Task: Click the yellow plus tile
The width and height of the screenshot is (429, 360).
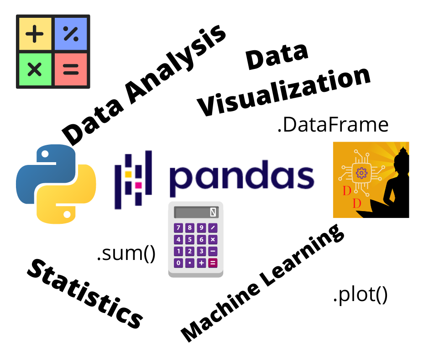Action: coord(35,34)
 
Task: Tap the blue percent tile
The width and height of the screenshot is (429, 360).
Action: coord(71,34)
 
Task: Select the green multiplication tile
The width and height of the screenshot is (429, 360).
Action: coord(35,69)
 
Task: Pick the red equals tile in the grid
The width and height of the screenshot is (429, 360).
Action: coord(71,69)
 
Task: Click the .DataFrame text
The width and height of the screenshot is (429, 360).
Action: coord(333,125)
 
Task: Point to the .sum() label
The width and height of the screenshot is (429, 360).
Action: coord(126,254)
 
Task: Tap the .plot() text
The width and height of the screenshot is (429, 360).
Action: coord(361,295)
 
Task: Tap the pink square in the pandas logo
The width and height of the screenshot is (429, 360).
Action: coord(138,185)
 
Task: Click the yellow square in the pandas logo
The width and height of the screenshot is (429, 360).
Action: coord(128,174)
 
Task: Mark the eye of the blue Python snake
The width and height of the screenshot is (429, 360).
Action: coord(45,154)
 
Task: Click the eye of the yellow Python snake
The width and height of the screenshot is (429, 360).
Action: coord(67,214)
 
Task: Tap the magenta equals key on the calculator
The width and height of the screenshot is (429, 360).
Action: coord(213,263)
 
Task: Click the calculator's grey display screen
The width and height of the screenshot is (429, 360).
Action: coord(196,212)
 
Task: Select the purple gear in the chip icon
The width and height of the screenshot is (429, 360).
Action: coord(361,173)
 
